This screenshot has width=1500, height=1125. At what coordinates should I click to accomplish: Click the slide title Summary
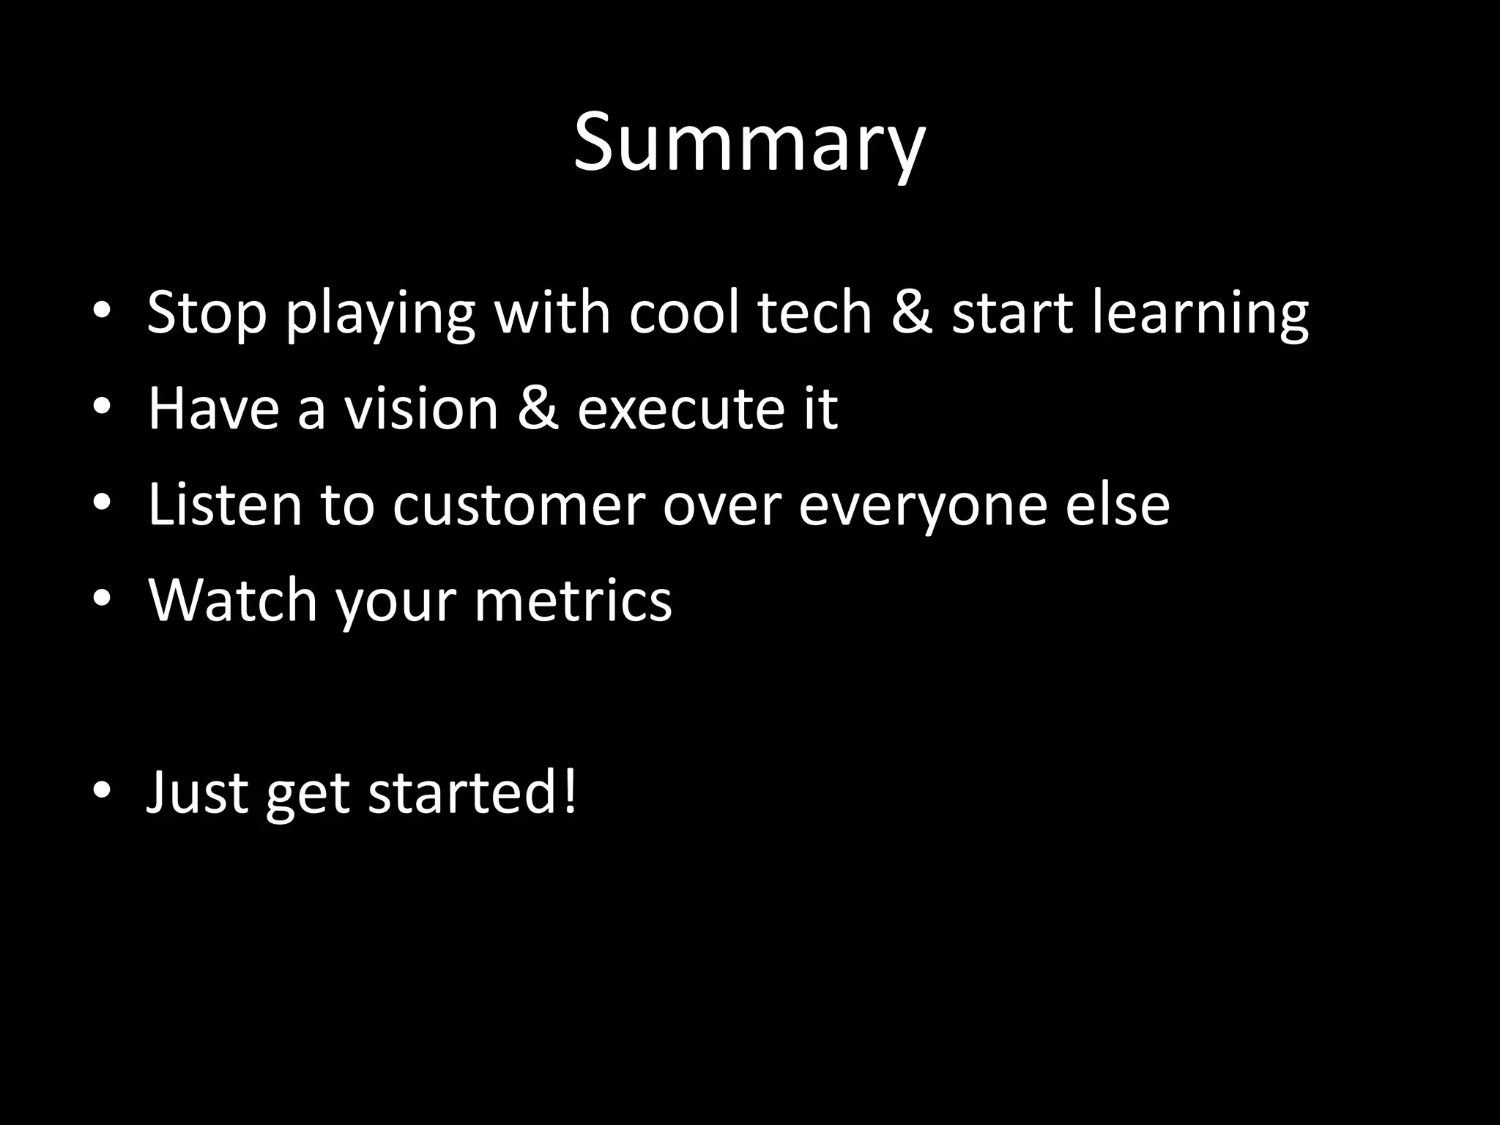coord(749,143)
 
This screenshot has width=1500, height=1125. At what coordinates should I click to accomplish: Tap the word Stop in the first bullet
coord(207,313)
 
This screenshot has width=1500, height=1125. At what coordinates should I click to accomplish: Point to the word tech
coord(814,313)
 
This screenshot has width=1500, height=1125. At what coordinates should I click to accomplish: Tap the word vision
coord(421,409)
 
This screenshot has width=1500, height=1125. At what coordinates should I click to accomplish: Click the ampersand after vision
coord(538,409)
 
